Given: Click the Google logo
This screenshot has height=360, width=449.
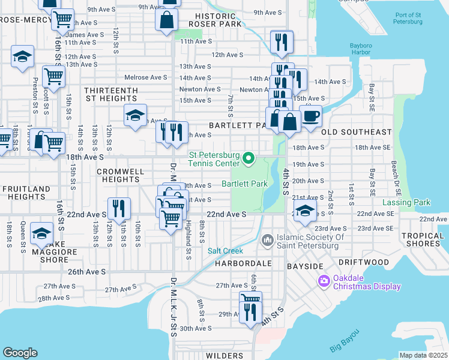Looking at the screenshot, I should coord(20,353).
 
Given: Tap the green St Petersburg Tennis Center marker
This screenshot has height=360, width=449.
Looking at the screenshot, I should coord(250,159).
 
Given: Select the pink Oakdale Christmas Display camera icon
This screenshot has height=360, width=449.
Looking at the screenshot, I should coord(325,280).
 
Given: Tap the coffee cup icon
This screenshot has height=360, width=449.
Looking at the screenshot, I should coord(310,116).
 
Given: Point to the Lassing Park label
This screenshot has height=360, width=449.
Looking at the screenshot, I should coord(406,202).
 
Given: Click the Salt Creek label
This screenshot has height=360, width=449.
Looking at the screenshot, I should coord(224,251).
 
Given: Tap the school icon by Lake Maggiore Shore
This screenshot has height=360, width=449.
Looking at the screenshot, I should coord(41,233).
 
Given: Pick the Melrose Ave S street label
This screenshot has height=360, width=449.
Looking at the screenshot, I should coord(145,77).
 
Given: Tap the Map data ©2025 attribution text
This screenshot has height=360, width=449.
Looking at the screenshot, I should coord(423,355).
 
